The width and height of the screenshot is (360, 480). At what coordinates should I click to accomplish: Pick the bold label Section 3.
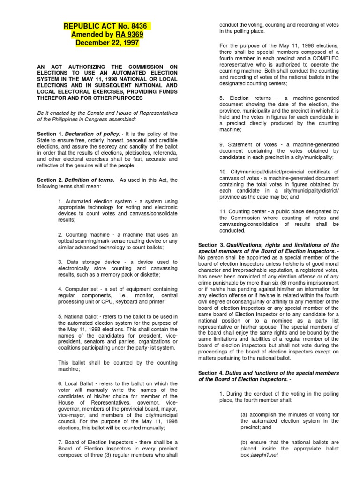coord(212,245)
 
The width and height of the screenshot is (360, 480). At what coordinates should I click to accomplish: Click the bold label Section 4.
coord(212,373)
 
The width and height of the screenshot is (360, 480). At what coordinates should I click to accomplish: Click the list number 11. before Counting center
coord(224,211)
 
